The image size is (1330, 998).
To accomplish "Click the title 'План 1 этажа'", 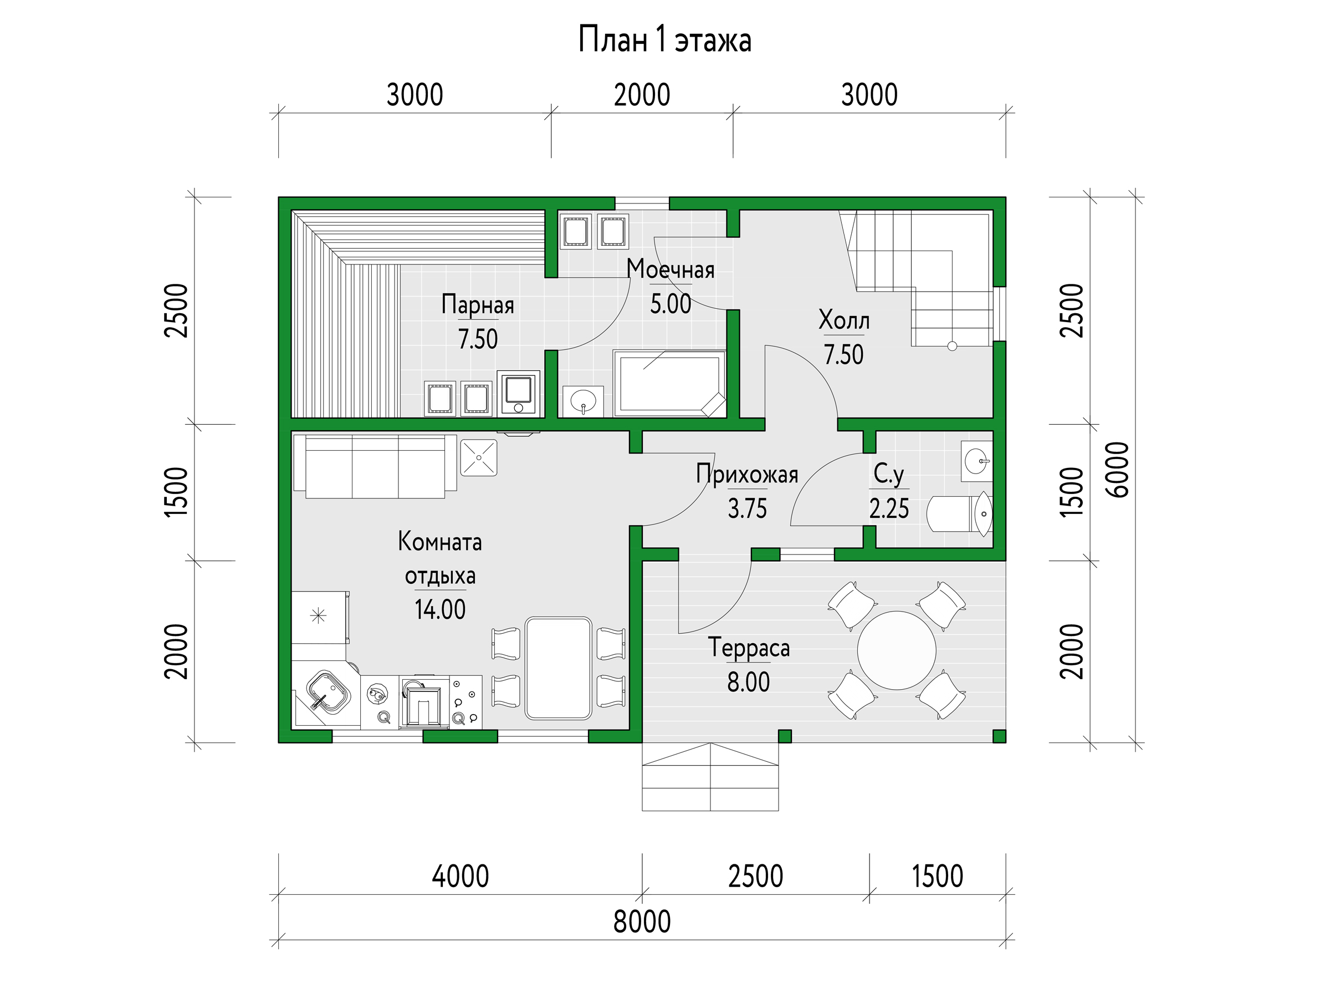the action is [x=664, y=40].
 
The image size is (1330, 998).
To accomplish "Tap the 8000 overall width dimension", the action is [x=642, y=921].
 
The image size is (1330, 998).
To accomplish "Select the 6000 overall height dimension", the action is [x=1118, y=469].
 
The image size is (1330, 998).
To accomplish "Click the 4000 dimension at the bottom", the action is [x=461, y=877].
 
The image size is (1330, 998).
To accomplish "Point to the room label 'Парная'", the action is [x=478, y=304].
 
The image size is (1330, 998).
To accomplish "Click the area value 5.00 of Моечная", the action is [x=671, y=304].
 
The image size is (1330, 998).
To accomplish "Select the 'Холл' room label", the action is [x=844, y=319].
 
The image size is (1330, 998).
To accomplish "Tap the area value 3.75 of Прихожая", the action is [x=748, y=509].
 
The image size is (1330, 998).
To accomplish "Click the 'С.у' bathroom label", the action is [x=889, y=474].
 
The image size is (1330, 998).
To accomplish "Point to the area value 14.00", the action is [x=440, y=610].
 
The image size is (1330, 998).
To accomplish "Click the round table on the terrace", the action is [x=897, y=650].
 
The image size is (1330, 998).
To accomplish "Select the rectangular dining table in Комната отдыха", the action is [x=559, y=668].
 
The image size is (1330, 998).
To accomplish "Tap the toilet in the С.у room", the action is [x=959, y=514].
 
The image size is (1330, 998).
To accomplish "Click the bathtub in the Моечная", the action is [x=670, y=383].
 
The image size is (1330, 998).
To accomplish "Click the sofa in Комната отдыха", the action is [x=375, y=467].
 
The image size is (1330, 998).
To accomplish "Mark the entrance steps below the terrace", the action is [x=710, y=777].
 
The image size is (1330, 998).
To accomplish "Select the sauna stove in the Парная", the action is [x=518, y=393].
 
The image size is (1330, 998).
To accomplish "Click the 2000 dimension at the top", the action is [x=642, y=95].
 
